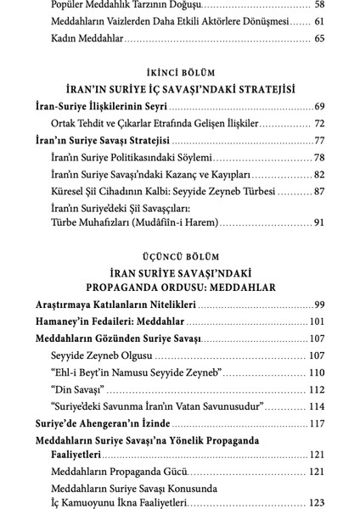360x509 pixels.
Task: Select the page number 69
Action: pos(319,107)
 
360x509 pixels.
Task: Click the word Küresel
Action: pos(70,192)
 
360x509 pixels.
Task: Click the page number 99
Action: pos(319,305)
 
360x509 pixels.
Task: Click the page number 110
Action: pos(317,372)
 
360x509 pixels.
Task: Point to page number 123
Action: pos(317,503)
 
